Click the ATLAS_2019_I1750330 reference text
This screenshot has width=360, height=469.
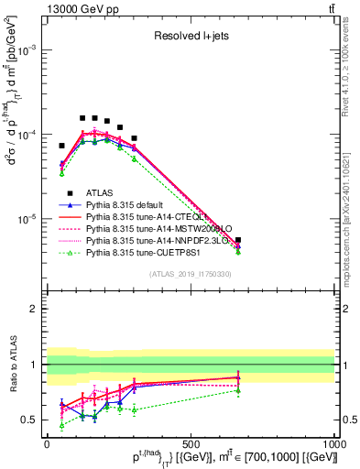point(190,274)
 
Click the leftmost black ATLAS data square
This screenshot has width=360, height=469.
point(62,146)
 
